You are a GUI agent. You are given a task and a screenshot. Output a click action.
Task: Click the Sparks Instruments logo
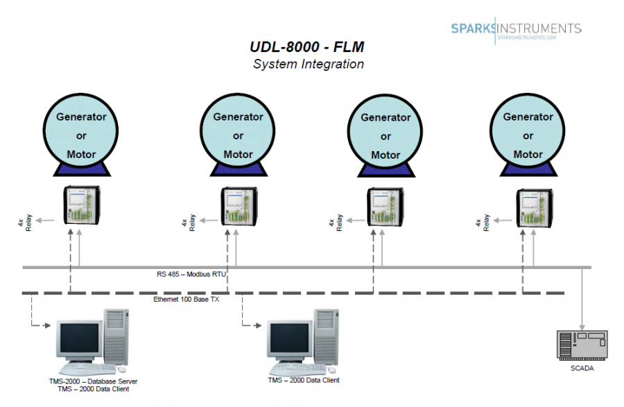pyautogui.click(x=516, y=29)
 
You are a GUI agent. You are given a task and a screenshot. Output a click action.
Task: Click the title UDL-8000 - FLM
pyautogui.click(x=307, y=48)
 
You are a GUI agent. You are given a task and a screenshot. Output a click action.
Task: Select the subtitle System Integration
pyautogui.click(x=308, y=64)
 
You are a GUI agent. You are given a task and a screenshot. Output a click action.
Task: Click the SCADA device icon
pyautogui.click(x=582, y=344)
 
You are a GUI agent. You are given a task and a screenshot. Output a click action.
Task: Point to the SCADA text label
pyautogui.click(x=582, y=368)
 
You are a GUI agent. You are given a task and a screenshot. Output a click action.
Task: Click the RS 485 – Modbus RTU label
pyautogui.click(x=192, y=274)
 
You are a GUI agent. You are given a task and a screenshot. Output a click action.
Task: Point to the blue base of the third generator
pyautogui.click(x=385, y=171)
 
